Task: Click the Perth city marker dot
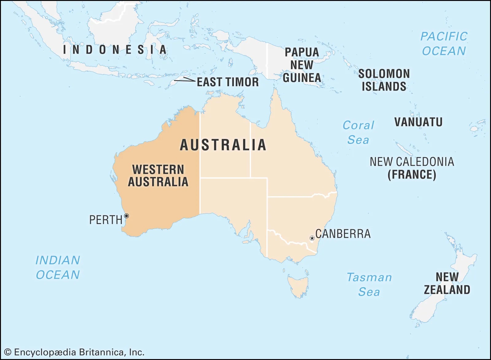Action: (126, 216)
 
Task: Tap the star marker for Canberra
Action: (312, 238)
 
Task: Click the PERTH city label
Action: (106, 220)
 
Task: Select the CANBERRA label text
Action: (343, 234)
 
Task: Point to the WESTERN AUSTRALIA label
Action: (158, 176)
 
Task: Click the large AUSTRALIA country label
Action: (223, 145)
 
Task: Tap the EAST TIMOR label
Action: (228, 82)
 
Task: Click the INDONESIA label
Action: (115, 50)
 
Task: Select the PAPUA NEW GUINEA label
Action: (302, 65)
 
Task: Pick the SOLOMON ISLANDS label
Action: (384, 80)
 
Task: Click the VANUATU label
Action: (418, 122)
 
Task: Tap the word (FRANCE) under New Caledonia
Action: (412, 175)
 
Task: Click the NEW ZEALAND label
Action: (447, 283)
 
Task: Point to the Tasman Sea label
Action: (369, 285)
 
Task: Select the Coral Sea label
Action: (358, 133)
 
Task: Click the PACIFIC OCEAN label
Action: (444, 44)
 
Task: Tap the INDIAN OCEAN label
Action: (58, 267)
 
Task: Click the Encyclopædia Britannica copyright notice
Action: (74, 352)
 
